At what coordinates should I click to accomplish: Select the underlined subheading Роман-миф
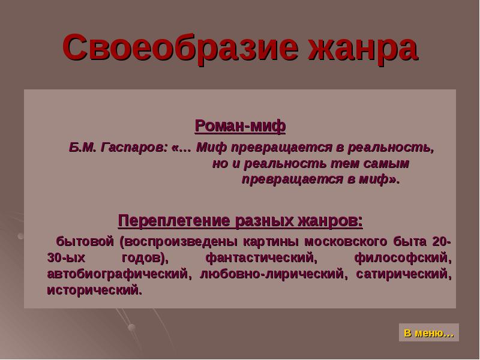pyautogui.click(x=240, y=126)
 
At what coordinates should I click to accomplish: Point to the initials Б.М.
pyautogui.click(x=81, y=148)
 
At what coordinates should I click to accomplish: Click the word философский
pyautogui.click(x=402, y=258)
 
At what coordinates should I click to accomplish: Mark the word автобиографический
pyautogui.click(x=118, y=274)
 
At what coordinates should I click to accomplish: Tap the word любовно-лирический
pyautogui.click(x=273, y=274)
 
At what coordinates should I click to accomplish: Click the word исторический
pyautogui.click(x=94, y=290)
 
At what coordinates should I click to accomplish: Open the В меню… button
pyautogui.click(x=428, y=333)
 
